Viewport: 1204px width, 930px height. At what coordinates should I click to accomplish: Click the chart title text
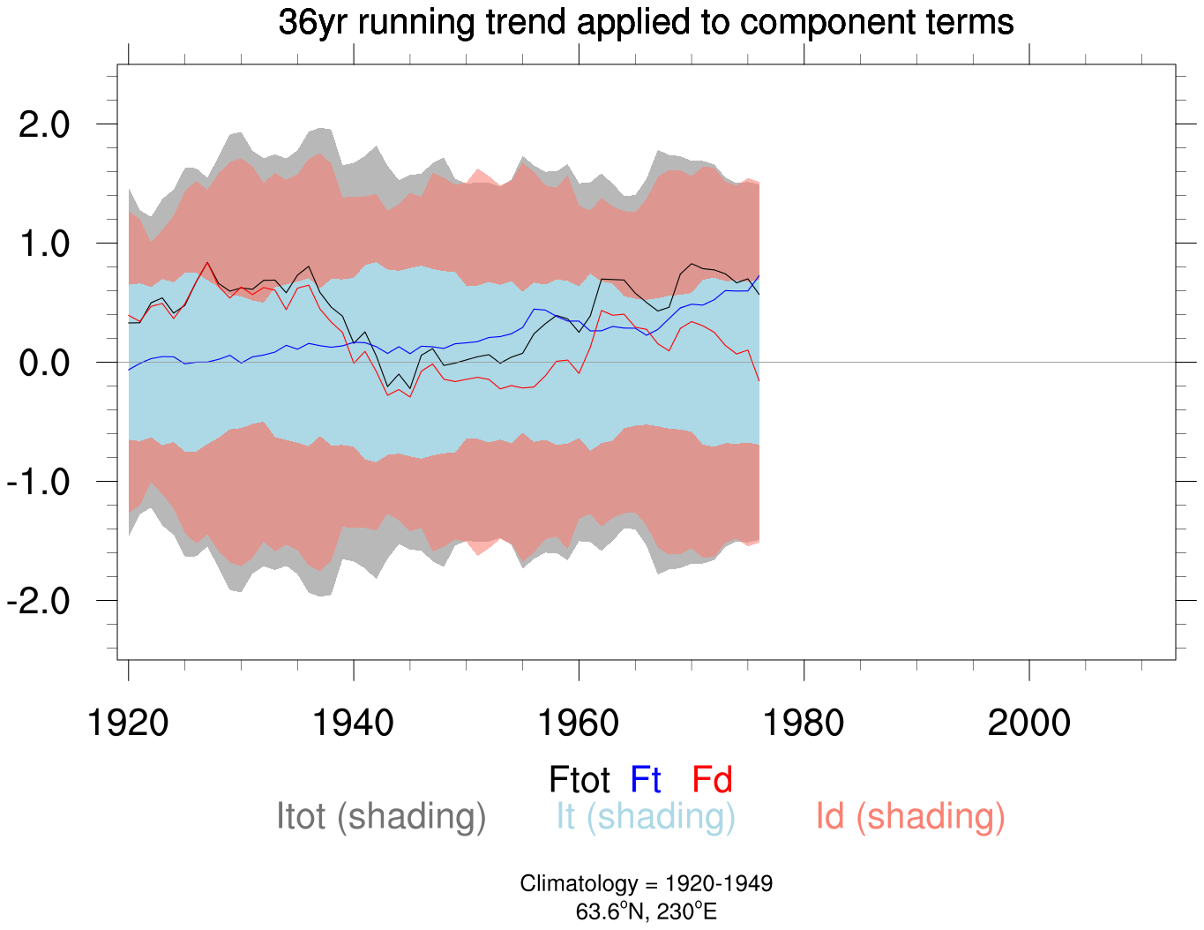point(646,22)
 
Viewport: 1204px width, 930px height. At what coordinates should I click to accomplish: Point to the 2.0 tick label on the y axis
point(44,124)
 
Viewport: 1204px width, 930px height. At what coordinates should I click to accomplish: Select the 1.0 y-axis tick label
point(44,244)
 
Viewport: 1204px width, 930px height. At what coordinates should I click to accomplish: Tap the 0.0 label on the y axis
point(44,363)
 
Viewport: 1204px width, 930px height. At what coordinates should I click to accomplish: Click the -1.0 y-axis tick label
point(38,483)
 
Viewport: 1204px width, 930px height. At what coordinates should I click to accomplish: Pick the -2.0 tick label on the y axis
point(38,602)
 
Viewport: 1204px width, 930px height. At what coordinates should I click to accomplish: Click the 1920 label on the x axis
point(129,723)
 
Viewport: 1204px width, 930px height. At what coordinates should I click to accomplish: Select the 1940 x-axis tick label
point(354,723)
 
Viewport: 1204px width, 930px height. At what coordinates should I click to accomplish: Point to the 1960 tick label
point(579,723)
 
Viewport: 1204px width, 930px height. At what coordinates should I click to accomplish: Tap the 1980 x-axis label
point(804,723)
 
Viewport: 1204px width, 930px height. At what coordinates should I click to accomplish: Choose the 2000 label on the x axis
point(1029,723)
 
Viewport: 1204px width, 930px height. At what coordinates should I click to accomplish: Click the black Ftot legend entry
point(580,780)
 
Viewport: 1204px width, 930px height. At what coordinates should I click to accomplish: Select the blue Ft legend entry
point(646,780)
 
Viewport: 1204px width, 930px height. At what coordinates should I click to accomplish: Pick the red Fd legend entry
point(712,780)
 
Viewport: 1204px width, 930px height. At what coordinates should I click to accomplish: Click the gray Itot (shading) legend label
point(381,817)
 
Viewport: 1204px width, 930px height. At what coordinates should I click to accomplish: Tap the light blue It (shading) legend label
point(646,817)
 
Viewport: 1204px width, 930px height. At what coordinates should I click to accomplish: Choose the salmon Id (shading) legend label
point(910,817)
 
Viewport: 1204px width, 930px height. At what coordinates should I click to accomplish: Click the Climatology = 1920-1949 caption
point(646,884)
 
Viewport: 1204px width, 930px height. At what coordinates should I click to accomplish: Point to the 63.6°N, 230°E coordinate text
point(646,911)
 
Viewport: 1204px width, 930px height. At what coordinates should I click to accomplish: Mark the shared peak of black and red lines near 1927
point(207,262)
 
